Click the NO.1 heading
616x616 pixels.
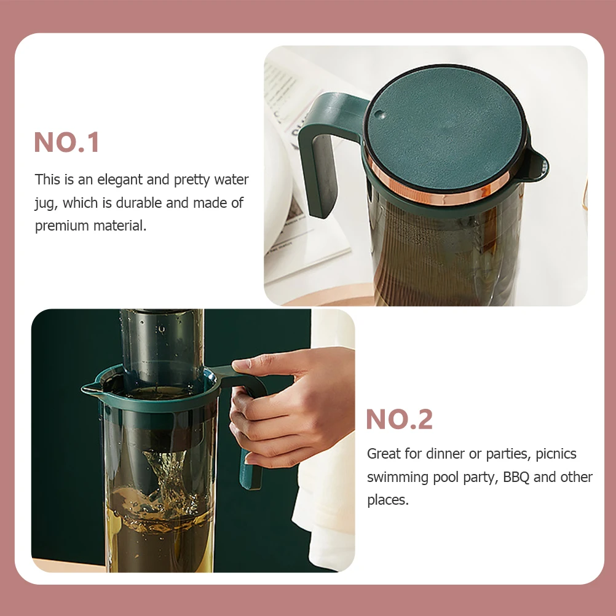tap(66, 143)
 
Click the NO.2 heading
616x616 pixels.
tap(399, 420)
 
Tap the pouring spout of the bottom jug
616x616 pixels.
tap(89, 389)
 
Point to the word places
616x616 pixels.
tap(387, 500)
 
